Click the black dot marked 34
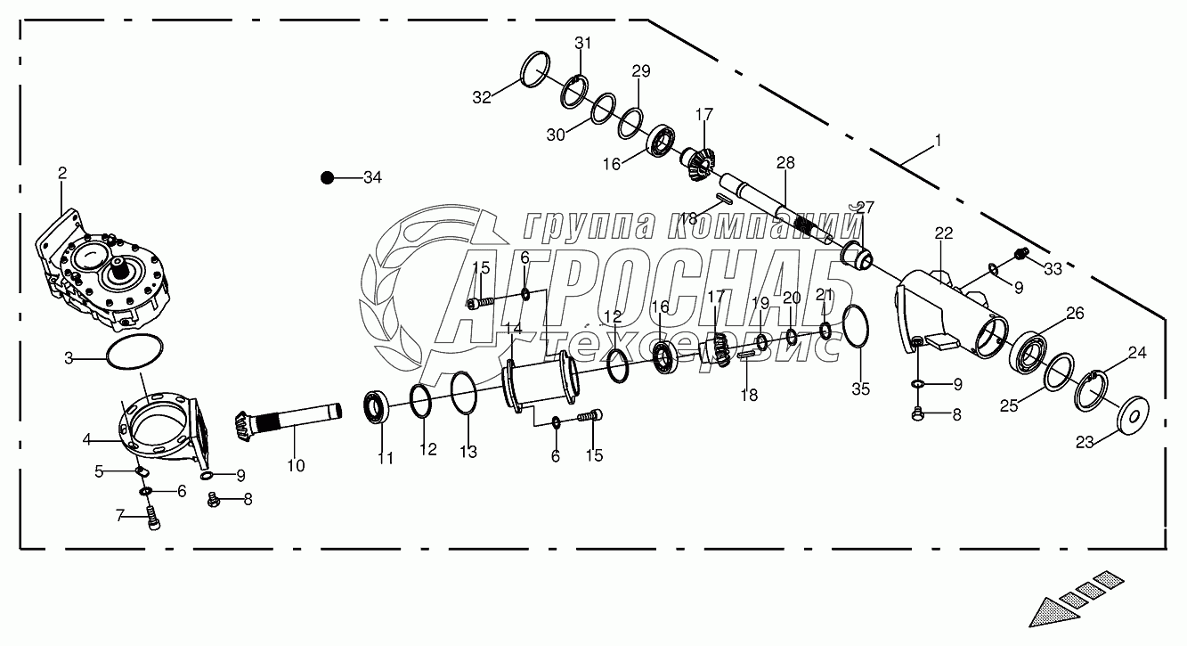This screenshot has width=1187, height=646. [x=327, y=178]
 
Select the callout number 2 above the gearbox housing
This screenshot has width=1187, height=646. [x=62, y=173]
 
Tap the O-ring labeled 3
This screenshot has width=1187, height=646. [x=134, y=352]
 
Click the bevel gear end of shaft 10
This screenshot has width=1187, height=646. [x=243, y=424]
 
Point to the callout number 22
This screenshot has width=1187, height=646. [x=944, y=233]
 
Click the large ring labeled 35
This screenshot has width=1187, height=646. [x=855, y=325]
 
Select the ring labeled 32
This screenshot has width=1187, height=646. [x=534, y=69]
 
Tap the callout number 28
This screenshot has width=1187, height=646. [x=785, y=163]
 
